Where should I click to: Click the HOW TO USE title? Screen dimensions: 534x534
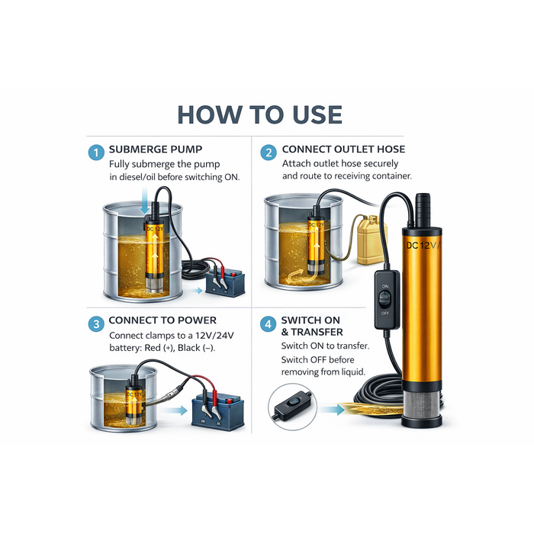pyautogui.click(x=260, y=114)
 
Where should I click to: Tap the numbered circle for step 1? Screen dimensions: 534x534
pyautogui.click(x=96, y=153)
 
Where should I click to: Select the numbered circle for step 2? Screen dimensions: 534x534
pyautogui.click(x=269, y=153)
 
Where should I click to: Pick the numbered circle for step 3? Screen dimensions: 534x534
pyautogui.click(x=96, y=324)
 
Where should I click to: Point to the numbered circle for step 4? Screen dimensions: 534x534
pyautogui.click(x=268, y=323)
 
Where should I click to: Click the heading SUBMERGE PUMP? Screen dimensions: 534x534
pyautogui.click(x=156, y=150)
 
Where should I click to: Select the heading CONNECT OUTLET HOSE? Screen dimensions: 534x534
pyautogui.click(x=343, y=150)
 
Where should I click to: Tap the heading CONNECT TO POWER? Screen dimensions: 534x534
pyautogui.click(x=162, y=320)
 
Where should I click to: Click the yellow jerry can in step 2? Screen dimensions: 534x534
pyautogui.click(x=371, y=240)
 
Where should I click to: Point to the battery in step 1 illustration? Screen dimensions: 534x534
pyautogui.click(x=226, y=282)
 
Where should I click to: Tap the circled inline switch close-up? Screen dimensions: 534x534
pyautogui.click(x=292, y=407)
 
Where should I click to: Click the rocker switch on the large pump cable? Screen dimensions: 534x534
pyautogui.click(x=387, y=300)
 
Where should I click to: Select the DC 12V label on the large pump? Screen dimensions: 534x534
pyautogui.click(x=423, y=245)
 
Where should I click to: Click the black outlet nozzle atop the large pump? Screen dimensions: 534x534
pyautogui.click(x=423, y=211)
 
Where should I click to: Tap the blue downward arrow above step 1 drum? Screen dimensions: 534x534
pyautogui.click(x=145, y=200)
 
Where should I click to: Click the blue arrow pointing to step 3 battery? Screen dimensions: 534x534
pyautogui.click(x=175, y=410)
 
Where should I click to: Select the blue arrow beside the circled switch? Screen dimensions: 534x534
pyautogui.click(x=332, y=409)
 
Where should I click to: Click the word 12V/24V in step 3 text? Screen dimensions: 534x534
pyautogui.click(x=214, y=336)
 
